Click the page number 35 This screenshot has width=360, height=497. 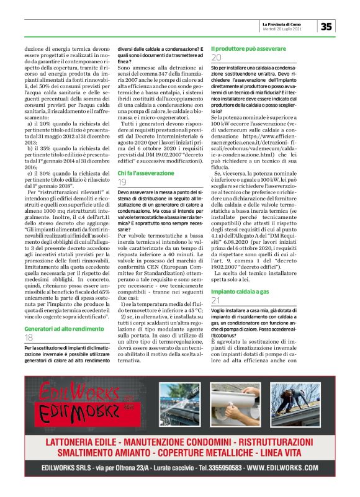(x=326, y=26)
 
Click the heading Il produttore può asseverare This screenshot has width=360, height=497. (x=248, y=47)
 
